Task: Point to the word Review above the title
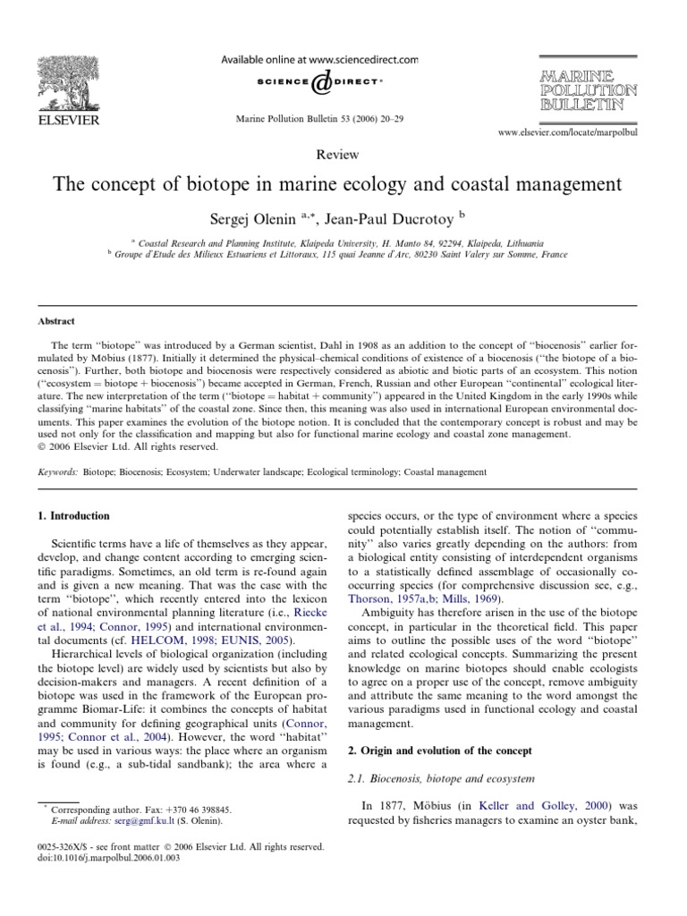point(343,155)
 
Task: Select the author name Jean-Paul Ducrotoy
point(394,217)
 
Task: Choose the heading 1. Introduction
point(73,516)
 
